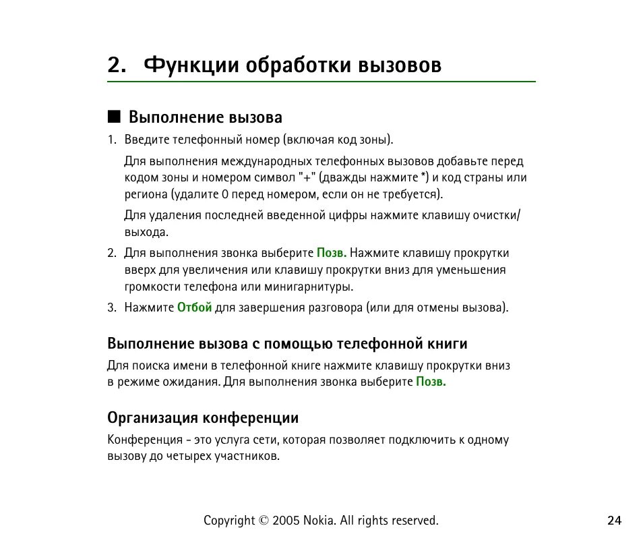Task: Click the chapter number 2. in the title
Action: [x=117, y=65]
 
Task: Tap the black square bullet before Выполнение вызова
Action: [x=113, y=117]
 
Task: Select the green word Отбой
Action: [x=194, y=307]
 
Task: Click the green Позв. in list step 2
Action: [x=332, y=254]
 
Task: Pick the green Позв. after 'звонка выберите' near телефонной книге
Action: [x=431, y=382]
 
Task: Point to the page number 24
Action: [x=614, y=521]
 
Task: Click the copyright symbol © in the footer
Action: [x=264, y=521]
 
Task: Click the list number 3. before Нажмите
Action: [x=113, y=307]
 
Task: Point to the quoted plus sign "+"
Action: [x=307, y=178]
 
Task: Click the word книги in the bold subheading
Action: [x=447, y=344]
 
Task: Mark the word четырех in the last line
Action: [x=189, y=457]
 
